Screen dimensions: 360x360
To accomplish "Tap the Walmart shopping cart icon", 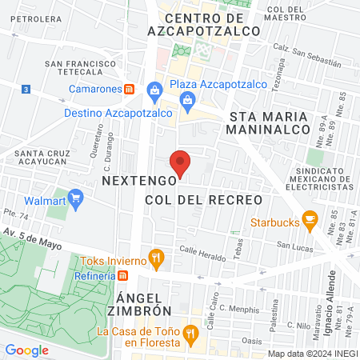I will click(x=76, y=198).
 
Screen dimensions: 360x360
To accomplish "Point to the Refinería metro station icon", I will click(x=123, y=275).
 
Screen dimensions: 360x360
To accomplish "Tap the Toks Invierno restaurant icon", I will click(x=157, y=259).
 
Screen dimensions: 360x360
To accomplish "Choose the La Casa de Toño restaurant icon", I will click(x=190, y=331).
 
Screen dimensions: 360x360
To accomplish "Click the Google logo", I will click(x=26, y=350).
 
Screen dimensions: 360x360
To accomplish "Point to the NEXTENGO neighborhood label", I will click(x=133, y=182).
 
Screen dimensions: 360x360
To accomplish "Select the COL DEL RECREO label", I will click(x=204, y=198).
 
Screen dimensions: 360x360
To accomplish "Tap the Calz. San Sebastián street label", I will click(x=302, y=54).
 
